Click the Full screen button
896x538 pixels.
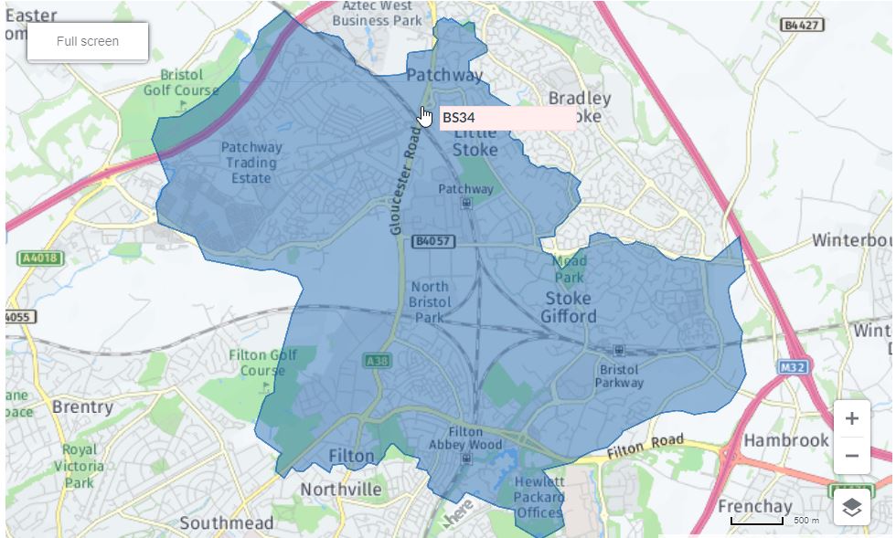point(88,42)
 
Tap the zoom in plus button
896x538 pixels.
point(851,419)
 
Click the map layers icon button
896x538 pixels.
point(851,507)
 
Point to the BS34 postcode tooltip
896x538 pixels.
point(507,118)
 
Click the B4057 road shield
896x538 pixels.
point(432,242)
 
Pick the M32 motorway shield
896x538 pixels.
point(795,367)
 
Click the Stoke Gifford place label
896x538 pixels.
point(568,308)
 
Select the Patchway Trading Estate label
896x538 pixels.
point(251,163)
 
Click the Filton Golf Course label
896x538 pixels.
point(263,363)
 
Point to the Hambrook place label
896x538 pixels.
point(786,440)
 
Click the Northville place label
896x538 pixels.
point(341,490)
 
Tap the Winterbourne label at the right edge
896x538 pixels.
point(852,241)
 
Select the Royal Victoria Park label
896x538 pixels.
point(80,466)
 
